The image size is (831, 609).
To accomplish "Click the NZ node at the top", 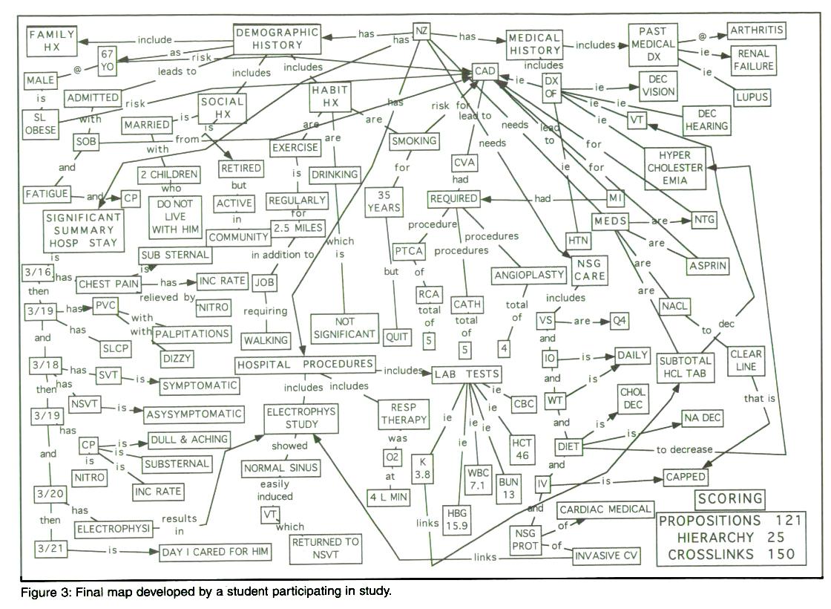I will pyautogui.click(x=421, y=31).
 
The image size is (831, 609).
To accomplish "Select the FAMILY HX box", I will pyautogui.click(x=53, y=41).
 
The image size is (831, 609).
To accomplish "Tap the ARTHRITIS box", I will pyautogui.click(x=755, y=31).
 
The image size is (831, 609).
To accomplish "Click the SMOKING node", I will pyautogui.click(x=414, y=140).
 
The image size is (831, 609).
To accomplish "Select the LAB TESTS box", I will pyautogui.click(x=467, y=374).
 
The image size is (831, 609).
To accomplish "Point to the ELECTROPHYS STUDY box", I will pyautogui.click(x=301, y=417).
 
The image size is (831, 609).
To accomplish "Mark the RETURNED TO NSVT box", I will pyautogui.click(x=326, y=547).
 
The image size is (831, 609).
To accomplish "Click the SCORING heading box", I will pyautogui.click(x=729, y=498).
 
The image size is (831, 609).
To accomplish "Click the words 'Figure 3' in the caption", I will pyautogui.click(x=43, y=592).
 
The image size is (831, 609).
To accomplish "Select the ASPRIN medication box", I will pyautogui.click(x=709, y=265).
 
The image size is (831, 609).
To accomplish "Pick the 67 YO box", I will pyautogui.click(x=106, y=59).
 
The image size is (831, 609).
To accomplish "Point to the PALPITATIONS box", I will pyautogui.click(x=192, y=334).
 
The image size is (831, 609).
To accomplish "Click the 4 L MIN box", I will pyautogui.click(x=388, y=497).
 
